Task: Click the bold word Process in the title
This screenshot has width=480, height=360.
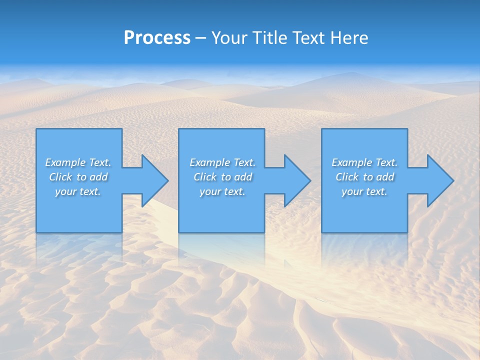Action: (x=157, y=38)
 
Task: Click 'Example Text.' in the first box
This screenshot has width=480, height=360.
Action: (x=78, y=162)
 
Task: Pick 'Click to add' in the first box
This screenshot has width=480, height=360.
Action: (x=78, y=177)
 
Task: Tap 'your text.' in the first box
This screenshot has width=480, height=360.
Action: (x=78, y=191)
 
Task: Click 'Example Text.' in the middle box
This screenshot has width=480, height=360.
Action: (x=222, y=162)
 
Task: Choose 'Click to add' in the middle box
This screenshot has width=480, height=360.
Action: (x=222, y=177)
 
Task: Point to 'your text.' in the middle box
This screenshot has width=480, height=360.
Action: (x=222, y=191)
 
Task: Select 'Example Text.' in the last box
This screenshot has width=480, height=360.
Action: (x=364, y=162)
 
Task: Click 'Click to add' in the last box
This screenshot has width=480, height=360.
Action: (x=364, y=177)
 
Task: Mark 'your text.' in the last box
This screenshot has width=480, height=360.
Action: (x=364, y=191)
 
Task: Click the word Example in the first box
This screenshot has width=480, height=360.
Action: (x=65, y=162)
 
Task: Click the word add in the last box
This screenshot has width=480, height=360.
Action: (x=385, y=177)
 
